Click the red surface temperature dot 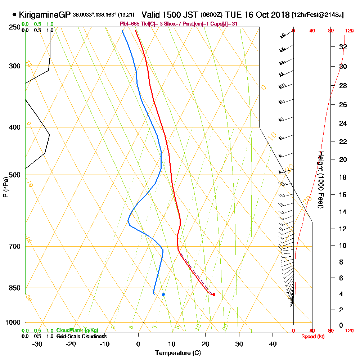click(214, 294)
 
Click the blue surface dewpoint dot click(163, 294)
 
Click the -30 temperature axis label click(37, 344)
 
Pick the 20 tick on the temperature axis click(206, 344)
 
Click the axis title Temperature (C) click(178, 353)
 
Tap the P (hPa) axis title click(6, 187)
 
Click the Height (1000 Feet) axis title click(320, 180)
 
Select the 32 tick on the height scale click(343, 47)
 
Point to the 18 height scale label click(343, 177)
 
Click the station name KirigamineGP click(44, 15)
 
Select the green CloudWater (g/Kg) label click(77, 330)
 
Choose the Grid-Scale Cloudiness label click(81, 336)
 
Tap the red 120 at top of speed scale click(349, 31)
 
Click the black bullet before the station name click(14, 15)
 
